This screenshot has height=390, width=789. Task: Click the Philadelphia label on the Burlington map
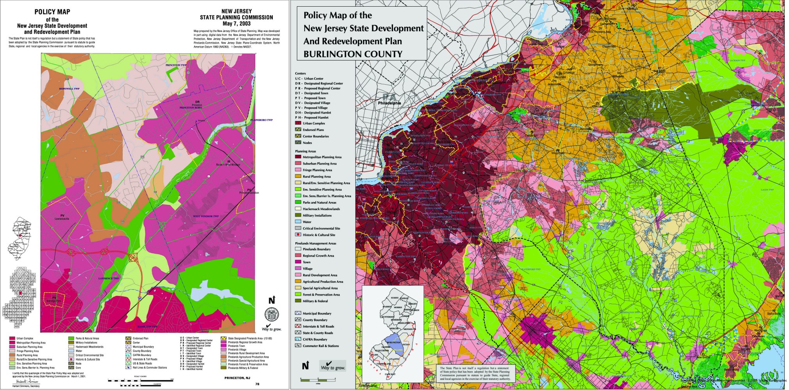[x=389, y=103]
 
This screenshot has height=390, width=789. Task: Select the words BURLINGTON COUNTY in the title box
[x=353, y=54]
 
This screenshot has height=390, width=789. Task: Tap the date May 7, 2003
[x=236, y=23]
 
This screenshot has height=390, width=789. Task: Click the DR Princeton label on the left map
[x=197, y=105]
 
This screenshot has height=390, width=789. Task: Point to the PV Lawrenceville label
[x=62, y=217]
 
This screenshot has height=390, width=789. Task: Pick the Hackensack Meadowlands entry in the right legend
[x=321, y=209]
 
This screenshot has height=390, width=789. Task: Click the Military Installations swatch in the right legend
[x=298, y=215]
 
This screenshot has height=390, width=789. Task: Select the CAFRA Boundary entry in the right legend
[x=315, y=339]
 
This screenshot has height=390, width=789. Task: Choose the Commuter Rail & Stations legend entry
[x=321, y=346]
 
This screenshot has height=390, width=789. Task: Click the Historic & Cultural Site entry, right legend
[x=319, y=235]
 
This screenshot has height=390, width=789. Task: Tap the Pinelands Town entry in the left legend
[x=236, y=346]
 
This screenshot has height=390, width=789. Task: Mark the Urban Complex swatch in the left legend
[x=12, y=339]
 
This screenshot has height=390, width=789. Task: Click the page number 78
[x=257, y=384]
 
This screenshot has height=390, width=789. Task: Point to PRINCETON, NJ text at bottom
[x=237, y=378]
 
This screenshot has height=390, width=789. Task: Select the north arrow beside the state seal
[x=271, y=300]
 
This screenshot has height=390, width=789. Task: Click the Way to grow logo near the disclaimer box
[x=332, y=366]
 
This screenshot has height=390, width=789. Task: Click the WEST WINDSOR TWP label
[x=205, y=216]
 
